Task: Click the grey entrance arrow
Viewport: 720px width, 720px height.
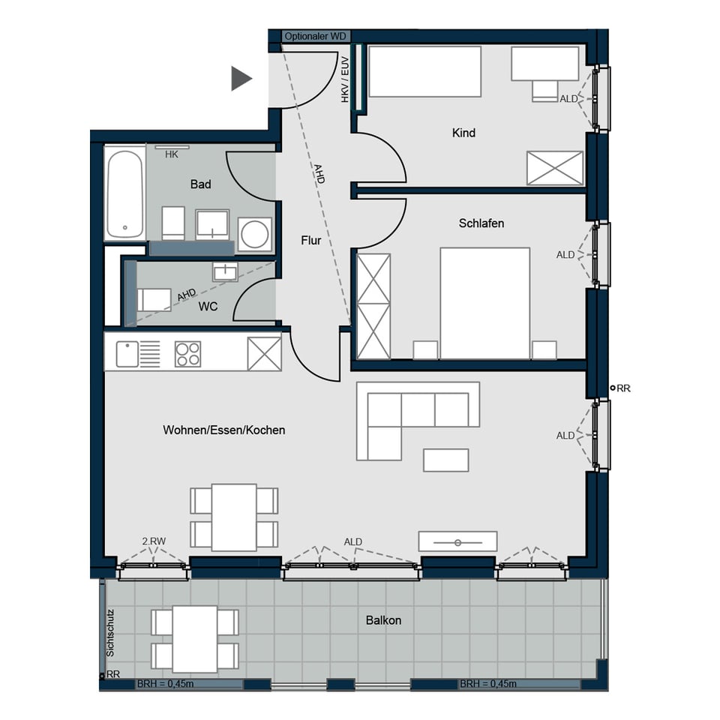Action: [x=240, y=79]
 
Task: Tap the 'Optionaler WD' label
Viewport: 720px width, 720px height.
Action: [x=316, y=36]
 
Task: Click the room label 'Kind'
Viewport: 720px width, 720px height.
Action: [x=463, y=133]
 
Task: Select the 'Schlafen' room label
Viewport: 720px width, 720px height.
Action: [x=481, y=223]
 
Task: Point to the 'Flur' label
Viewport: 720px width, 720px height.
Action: [x=310, y=240]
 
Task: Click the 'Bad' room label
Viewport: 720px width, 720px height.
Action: [x=201, y=184]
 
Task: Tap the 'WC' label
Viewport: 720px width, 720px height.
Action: [x=208, y=306]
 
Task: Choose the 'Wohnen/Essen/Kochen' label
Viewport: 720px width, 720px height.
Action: [x=224, y=430]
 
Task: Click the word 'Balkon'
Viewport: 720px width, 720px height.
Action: [x=383, y=620]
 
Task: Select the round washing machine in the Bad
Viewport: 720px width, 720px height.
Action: [x=255, y=234]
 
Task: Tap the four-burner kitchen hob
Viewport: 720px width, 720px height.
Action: [x=187, y=354]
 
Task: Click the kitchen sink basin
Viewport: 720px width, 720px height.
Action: [x=127, y=354]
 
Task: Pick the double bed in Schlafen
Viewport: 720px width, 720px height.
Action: [x=485, y=304]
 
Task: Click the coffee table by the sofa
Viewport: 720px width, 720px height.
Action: [x=445, y=460]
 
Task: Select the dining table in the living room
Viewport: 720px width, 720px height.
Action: [x=234, y=517]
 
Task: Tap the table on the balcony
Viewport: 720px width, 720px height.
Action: [x=195, y=639]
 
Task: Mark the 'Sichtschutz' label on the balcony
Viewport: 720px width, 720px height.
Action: [x=110, y=633]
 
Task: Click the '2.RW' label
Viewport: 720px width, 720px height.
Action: [x=154, y=541]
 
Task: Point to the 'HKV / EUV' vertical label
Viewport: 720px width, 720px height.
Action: [x=345, y=79]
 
